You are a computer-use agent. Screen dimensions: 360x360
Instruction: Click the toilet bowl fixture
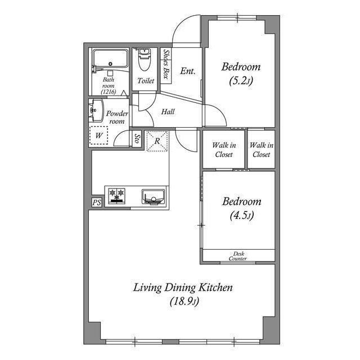pos(145,60)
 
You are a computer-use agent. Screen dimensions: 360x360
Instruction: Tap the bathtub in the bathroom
pos(110,58)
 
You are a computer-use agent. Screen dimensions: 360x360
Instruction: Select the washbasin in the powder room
pos(96,110)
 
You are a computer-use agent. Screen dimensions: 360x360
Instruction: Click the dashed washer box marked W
pos(99,136)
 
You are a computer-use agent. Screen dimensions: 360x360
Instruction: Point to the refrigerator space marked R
pos(157,141)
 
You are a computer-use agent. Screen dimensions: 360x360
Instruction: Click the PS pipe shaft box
pos(97,202)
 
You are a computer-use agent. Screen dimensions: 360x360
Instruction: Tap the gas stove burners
pos(116,196)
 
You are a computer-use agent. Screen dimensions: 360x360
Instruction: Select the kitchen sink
pos(153,196)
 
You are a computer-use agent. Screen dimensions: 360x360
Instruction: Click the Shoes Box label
pos(166,64)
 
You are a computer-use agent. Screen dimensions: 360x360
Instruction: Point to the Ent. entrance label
pos(187,71)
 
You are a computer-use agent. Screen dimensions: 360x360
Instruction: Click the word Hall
pos(168,112)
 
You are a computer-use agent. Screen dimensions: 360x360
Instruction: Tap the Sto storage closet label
pos(137,138)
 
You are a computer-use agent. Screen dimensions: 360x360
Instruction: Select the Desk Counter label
pos(238,256)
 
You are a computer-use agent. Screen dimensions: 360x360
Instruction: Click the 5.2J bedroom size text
pos(241,81)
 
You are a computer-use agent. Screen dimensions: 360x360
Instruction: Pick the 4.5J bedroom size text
pos(242,215)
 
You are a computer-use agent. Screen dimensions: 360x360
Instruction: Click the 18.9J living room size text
pos(184,301)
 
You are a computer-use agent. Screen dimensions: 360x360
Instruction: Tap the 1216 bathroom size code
pos(109,92)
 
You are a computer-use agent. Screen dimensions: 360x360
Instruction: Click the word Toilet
pos(146,81)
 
